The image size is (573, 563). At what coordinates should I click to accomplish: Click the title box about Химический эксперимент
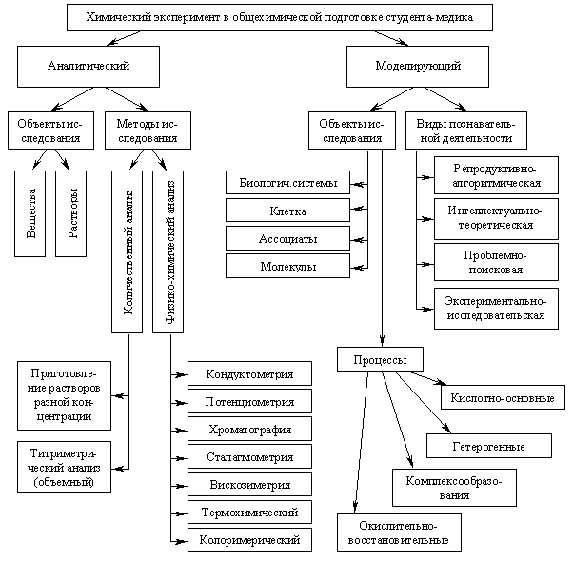pyautogui.click(x=281, y=17)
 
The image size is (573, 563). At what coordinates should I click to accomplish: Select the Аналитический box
pyautogui.click(x=89, y=66)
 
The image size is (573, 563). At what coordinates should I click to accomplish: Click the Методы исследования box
pyautogui.click(x=147, y=131)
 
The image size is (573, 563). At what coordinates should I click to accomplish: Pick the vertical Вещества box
pyautogui.click(x=31, y=213)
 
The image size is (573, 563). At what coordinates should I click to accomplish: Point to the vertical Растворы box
pyautogui.click(x=71, y=213)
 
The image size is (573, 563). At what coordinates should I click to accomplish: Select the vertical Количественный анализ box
pyautogui.click(x=127, y=251)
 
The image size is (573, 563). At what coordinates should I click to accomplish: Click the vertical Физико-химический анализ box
pyautogui.click(x=168, y=251)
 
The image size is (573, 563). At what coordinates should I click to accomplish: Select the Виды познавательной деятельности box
pyautogui.click(x=465, y=131)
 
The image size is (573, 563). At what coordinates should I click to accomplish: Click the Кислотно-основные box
pyautogui.click(x=503, y=397)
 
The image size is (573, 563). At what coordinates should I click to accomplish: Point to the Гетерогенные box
pyautogui.click(x=488, y=445)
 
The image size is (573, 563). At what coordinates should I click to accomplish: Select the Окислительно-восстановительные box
pyautogui.click(x=398, y=533)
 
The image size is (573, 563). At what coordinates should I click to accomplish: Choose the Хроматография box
pyautogui.click(x=249, y=430)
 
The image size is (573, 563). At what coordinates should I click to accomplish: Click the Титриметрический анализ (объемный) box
pyautogui.click(x=63, y=466)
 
